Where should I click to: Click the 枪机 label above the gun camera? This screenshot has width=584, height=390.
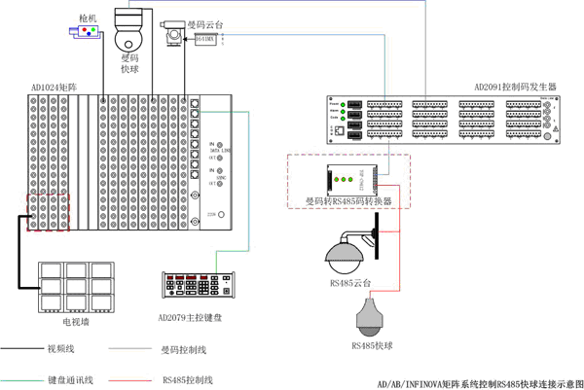point(88,18)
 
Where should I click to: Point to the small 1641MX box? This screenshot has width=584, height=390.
point(205,39)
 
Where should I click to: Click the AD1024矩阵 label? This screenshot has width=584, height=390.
point(54,88)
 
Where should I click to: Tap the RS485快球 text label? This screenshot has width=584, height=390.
point(372,345)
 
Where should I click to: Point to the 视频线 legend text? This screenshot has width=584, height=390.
point(60,347)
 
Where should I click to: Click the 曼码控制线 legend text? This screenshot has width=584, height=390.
point(183,347)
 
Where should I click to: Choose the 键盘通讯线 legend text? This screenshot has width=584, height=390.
point(63,378)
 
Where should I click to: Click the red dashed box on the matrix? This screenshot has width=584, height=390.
point(47,212)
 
